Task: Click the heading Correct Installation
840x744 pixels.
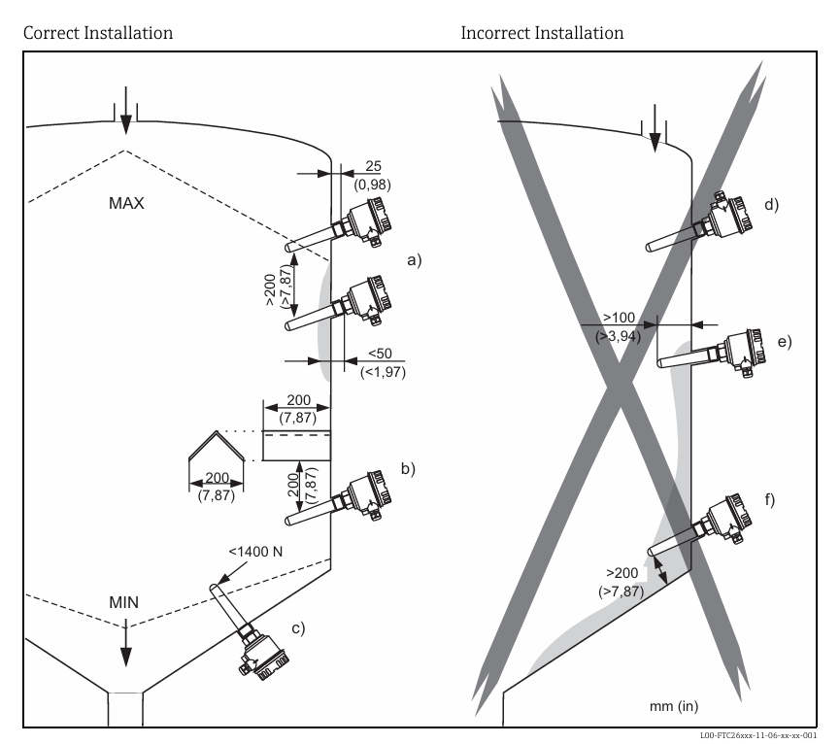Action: click(98, 33)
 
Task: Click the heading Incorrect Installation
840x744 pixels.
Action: click(542, 33)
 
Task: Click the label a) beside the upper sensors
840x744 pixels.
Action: click(414, 260)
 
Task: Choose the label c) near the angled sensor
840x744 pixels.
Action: click(296, 627)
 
